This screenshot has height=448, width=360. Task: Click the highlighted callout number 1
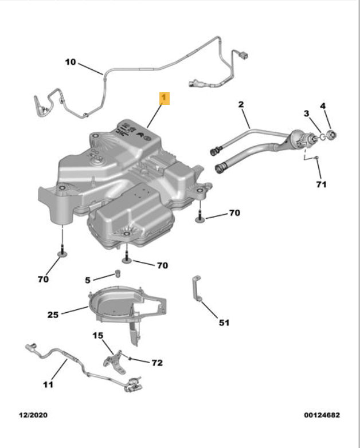point(164,99)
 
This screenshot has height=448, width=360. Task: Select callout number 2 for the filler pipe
point(241,104)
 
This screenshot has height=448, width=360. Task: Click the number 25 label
point(53,314)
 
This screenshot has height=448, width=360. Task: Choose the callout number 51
point(224,323)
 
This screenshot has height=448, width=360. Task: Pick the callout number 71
point(321,184)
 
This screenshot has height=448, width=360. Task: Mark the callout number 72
point(156,363)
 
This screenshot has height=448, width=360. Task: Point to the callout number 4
point(323,106)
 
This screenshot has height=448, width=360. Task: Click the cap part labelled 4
point(332,135)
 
